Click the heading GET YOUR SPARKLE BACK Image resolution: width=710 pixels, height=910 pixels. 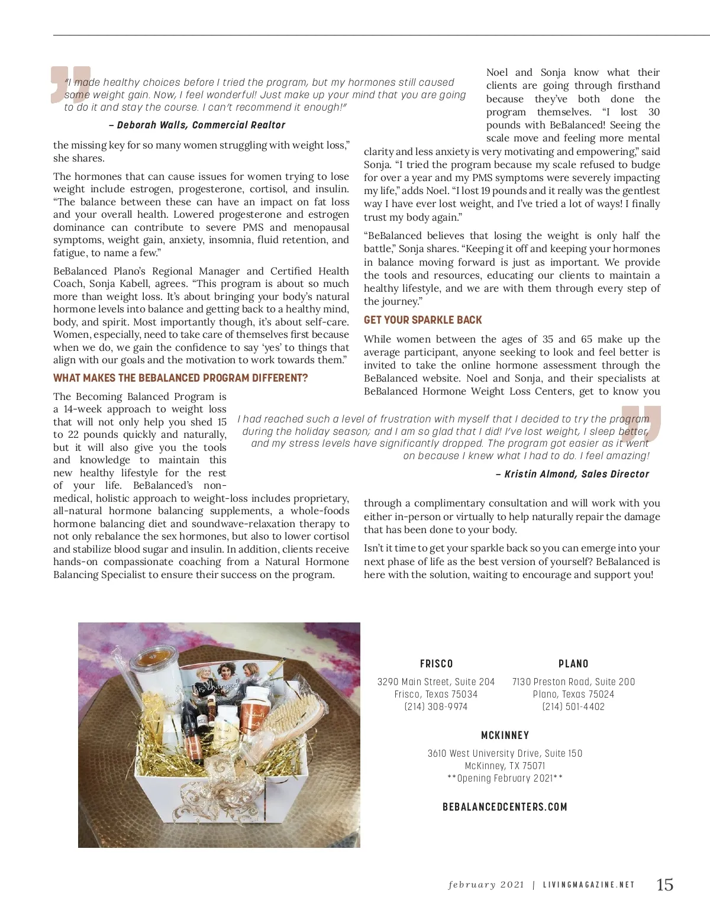click(x=422, y=320)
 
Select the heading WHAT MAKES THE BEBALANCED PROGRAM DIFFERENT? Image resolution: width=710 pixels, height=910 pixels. click(x=180, y=378)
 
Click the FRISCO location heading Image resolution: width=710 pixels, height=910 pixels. click(x=436, y=664)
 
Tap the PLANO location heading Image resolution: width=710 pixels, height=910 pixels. click(x=573, y=664)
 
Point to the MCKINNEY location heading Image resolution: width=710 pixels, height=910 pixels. click(x=505, y=735)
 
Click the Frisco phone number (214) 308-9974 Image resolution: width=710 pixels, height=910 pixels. click(x=436, y=706)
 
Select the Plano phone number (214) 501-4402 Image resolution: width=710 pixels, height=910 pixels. click(x=573, y=706)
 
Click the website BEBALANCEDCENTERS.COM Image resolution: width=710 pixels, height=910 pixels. click(x=505, y=807)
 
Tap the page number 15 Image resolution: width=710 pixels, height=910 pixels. click(x=664, y=885)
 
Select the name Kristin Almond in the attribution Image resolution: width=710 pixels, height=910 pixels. click(x=540, y=474)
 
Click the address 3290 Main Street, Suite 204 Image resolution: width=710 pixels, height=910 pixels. click(x=436, y=682)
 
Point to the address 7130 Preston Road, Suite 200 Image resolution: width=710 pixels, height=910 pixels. click(x=573, y=682)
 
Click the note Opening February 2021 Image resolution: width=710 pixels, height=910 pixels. click(x=505, y=778)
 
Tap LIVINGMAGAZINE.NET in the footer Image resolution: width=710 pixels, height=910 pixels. click(x=589, y=885)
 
